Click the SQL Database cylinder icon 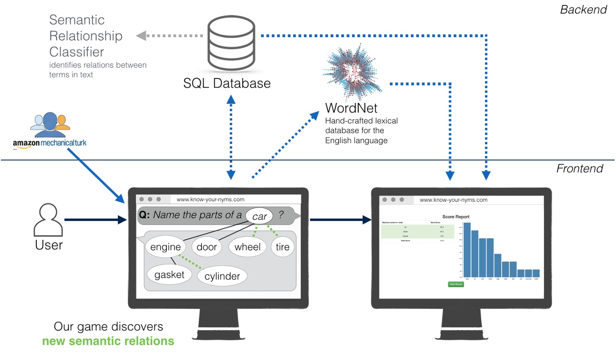pos(230,44)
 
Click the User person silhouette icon pos(49,220)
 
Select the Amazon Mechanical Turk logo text pos(49,143)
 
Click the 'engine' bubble pos(165,247)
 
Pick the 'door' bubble pos(207,247)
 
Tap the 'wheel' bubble pos(247,247)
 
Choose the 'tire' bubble pos(282,247)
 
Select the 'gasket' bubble pos(169,275)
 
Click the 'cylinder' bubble pos(222,276)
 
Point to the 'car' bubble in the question pos(259,216)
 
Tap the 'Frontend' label pos(580,169)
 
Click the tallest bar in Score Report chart pos(467,249)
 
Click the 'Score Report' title pos(456,217)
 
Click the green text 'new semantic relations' pos(108,341)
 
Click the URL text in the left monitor pos(210,199)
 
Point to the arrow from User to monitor pos(95,220)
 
